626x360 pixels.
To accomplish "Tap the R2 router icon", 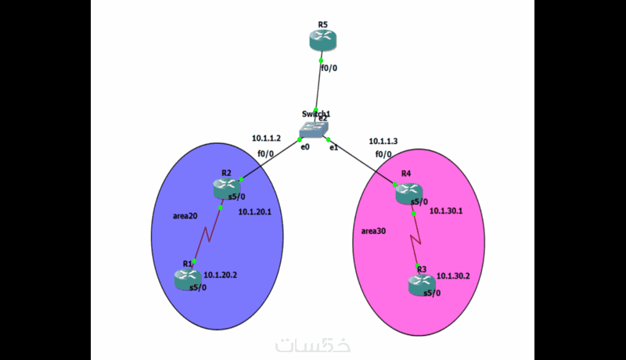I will coord(225,188).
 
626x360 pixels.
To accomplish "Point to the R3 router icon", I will coord(421,285).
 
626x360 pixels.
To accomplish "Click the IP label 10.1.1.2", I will coord(266,139).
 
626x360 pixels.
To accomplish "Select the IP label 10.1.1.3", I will coord(383,142).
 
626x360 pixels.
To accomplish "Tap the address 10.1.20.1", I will coord(254,212).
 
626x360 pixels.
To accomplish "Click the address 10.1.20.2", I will coord(220,275).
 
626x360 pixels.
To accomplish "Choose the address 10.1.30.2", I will coord(453,276).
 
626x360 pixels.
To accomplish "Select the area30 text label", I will coord(374,231).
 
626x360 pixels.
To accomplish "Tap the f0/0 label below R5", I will coord(329,68).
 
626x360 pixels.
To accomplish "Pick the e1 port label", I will coord(333,147).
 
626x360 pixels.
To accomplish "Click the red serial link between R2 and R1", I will coord(207,235).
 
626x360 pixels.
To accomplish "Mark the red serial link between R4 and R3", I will coord(416,238).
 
